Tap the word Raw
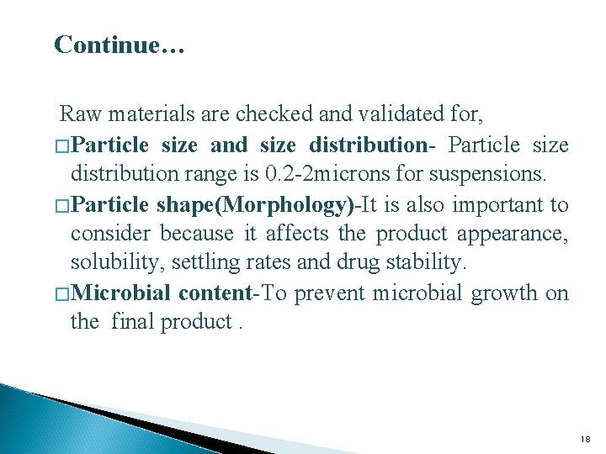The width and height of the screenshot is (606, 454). (79, 113)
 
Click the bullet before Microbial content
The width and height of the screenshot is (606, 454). (62, 293)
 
